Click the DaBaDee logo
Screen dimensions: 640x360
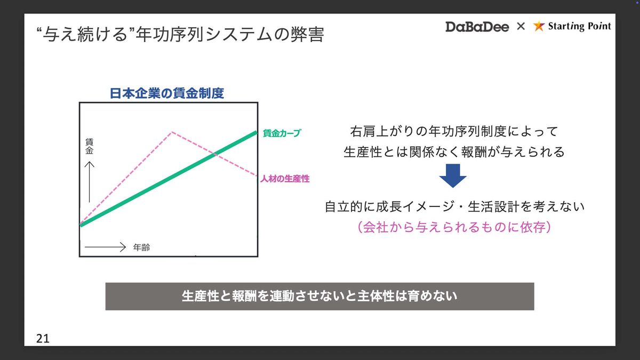coord(477,27)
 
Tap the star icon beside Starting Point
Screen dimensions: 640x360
coord(539,26)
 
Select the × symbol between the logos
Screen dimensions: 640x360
coord(521,26)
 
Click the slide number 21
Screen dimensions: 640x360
coord(43,339)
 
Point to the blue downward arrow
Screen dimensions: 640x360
coord(453,175)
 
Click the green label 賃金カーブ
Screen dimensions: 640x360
coord(282,133)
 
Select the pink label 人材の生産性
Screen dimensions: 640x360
coord(285,179)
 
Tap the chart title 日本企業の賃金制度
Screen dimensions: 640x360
coord(167,93)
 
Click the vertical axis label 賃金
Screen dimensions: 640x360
coord(90,146)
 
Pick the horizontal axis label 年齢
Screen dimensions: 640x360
coord(141,247)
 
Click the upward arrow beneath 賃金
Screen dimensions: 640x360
coord(90,182)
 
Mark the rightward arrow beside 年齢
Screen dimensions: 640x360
coord(105,247)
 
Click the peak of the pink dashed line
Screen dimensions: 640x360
coord(172,132)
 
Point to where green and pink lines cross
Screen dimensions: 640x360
coord(214,154)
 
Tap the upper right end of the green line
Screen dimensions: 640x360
coord(257,132)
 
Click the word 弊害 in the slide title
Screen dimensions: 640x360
coord(307,35)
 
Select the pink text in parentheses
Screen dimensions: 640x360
coord(454,227)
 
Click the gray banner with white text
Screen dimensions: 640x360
coord(319,297)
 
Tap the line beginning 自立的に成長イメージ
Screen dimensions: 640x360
coord(454,206)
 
